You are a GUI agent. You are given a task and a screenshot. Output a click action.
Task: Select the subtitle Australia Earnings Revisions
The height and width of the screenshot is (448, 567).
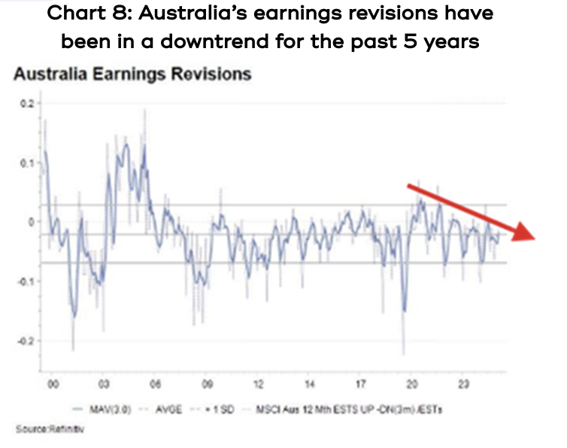coord(132,75)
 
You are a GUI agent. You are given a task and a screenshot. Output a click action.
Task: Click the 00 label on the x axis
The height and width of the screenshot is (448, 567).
coord(52,385)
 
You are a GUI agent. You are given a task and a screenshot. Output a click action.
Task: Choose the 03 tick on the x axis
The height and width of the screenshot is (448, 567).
coord(104,385)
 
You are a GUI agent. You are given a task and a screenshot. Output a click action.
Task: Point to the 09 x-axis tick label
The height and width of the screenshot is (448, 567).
coord(207,385)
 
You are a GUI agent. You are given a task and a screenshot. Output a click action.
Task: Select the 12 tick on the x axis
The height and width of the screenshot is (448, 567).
coord(258,385)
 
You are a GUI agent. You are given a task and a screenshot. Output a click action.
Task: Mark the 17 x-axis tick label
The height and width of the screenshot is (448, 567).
coord(361,385)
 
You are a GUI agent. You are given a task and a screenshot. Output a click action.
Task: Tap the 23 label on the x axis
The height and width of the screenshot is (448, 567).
coord(464,385)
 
